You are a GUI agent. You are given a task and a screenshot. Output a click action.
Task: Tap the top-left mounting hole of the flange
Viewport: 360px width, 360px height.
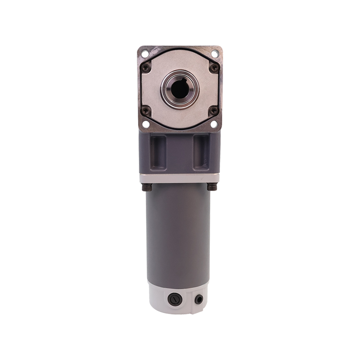click(x=144, y=54)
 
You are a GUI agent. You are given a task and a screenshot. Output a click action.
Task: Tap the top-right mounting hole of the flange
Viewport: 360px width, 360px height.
click(x=215, y=54)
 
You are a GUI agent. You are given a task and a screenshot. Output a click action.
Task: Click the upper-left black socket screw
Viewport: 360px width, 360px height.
click(x=145, y=67)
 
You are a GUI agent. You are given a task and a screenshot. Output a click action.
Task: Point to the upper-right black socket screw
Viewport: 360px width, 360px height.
click(x=214, y=67)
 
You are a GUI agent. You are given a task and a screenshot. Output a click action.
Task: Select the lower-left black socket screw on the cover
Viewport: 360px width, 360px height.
click(x=145, y=110)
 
